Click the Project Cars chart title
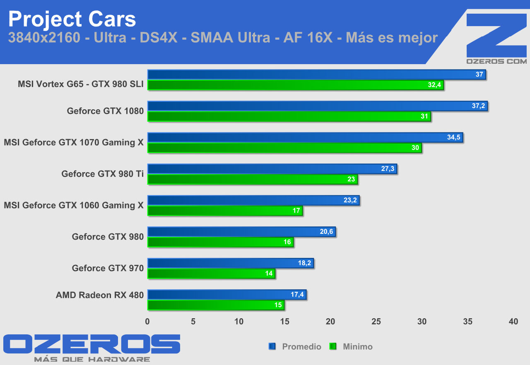click(x=72, y=19)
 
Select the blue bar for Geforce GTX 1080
click(x=317, y=106)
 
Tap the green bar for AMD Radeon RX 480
click(x=216, y=305)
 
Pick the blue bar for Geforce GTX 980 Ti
click(x=272, y=169)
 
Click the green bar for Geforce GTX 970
click(x=211, y=274)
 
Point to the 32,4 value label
click(x=435, y=85)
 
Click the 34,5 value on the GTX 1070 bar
click(x=454, y=137)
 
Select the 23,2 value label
click(x=350, y=200)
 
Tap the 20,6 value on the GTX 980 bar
click(x=326, y=232)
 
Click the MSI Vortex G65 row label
click(x=81, y=84)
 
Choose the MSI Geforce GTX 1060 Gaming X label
click(x=74, y=205)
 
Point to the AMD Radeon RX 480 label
click(x=100, y=295)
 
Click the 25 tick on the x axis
click(x=376, y=322)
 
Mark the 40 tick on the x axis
click(x=513, y=322)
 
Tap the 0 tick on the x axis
click(x=147, y=322)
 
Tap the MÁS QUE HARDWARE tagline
click(x=92, y=359)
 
